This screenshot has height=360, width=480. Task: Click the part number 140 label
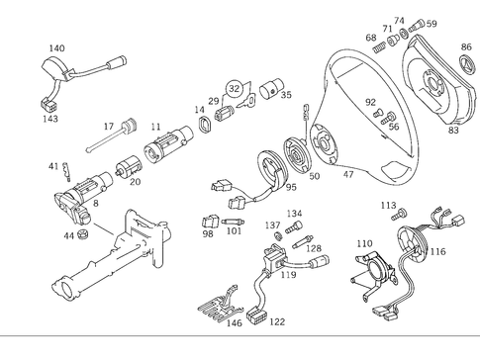pos(57,47)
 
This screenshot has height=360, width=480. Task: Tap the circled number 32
pos(235,86)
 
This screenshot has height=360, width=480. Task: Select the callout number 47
pos(347,174)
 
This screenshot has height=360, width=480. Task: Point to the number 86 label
pos(466,46)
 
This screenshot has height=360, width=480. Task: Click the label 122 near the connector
pos(276,322)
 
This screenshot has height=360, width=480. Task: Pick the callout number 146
pos(234,322)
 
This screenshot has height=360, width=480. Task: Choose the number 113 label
pos(388,206)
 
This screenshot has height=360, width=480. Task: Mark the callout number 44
pos(68,235)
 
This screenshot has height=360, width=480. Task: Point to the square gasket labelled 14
pos(206,126)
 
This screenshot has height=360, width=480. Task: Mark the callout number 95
pos(291,186)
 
